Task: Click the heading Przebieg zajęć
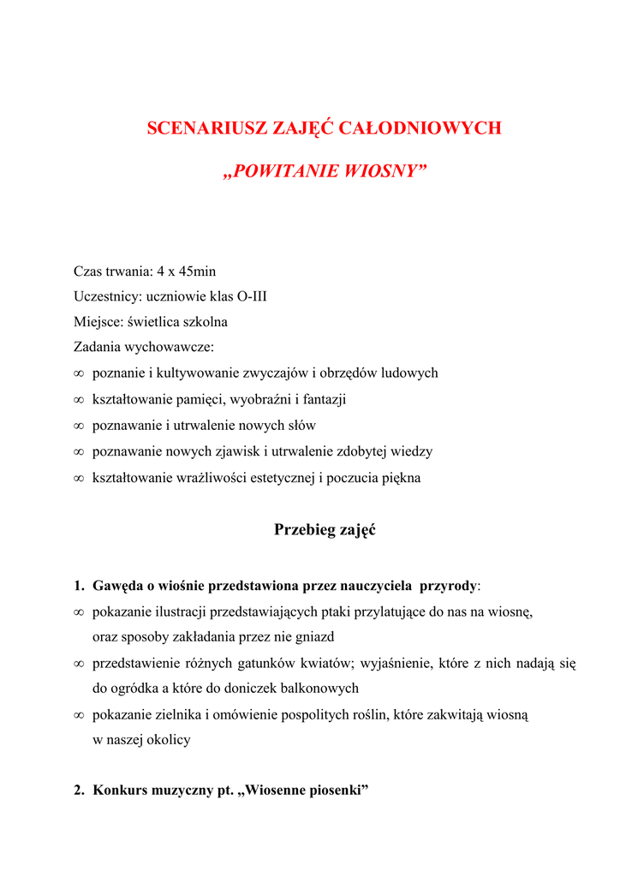point(325,530)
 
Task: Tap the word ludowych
point(407,373)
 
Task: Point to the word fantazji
point(320,399)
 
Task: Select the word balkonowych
point(311,688)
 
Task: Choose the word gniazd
point(313,636)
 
